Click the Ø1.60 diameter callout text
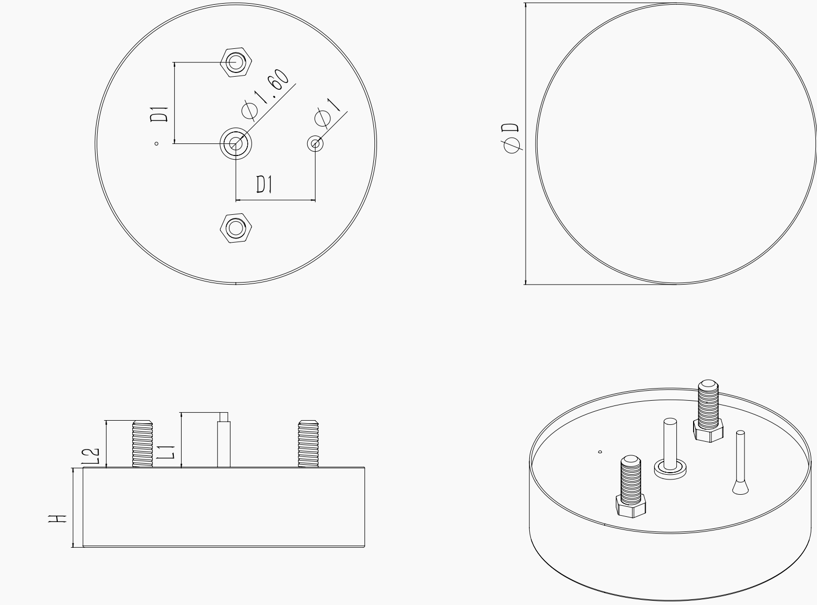tap(265, 95)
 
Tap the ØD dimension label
tap(511, 138)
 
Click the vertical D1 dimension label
tap(159, 114)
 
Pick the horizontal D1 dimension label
tap(264, 184)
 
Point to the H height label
tap(57, 519)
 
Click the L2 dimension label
tap(90, 456)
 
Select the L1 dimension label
tap(165, 452)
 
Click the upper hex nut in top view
tap(236, 62)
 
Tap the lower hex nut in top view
tap(236, 228)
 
